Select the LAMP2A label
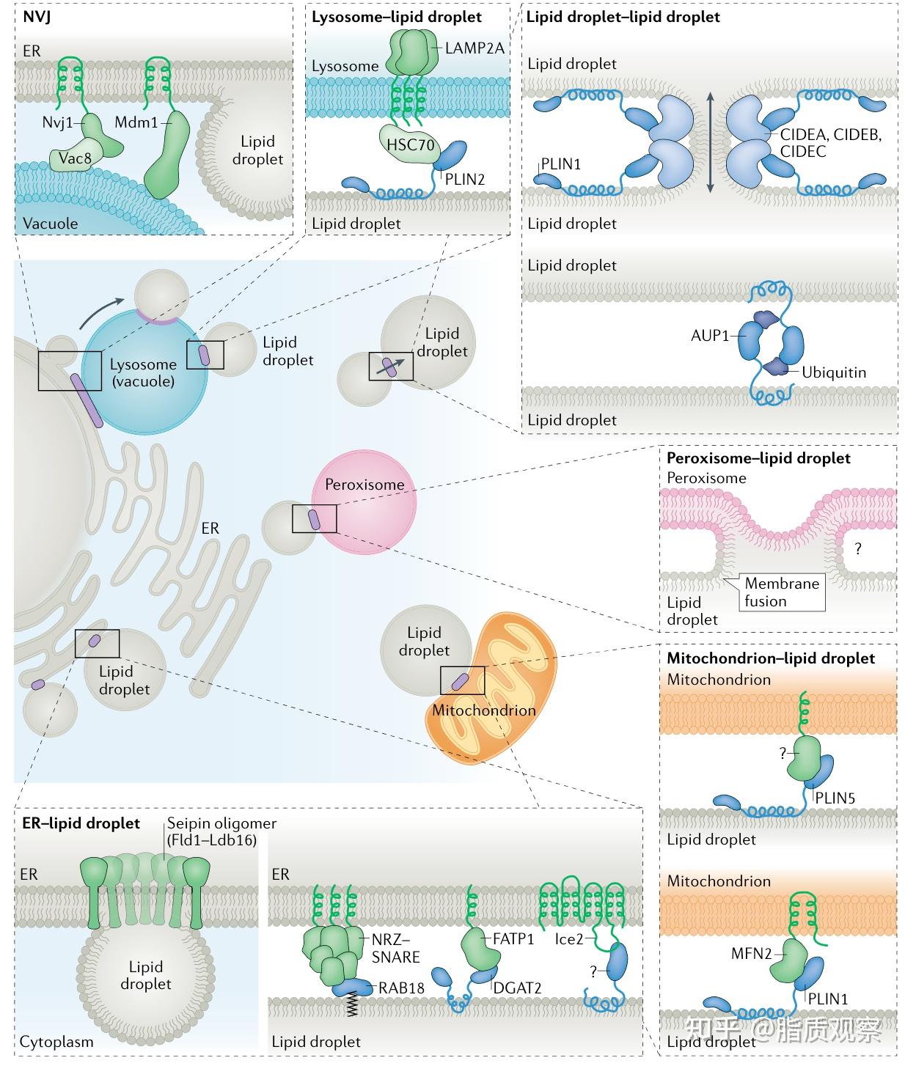click(x=475, y=48)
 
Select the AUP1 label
click(x=710, y=336)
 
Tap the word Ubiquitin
click(x=833, y=372)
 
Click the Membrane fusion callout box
click(x=781, y=592)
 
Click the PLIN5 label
click(x=836, y=798)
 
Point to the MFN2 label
click(x=751, y=954)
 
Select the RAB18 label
click(x=401, y=988)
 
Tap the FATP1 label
click(x=513, y=938)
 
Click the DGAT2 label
click(x=517, y=988)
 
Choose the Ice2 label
click(x=569, y=938)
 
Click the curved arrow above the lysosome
click(x=99, y=313)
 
